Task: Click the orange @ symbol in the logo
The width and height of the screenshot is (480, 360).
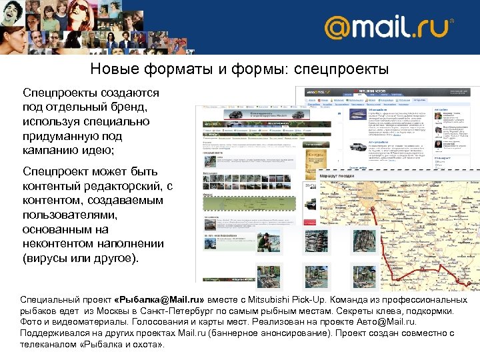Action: point(337,29)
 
